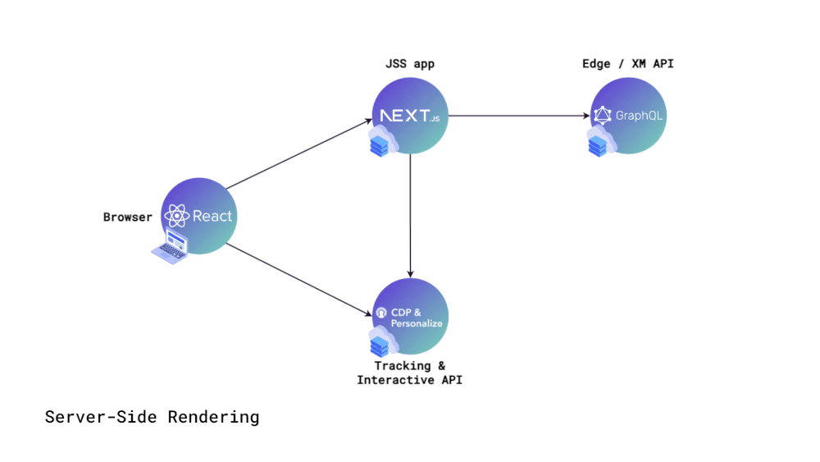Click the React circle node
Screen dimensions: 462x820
tap(199, 216)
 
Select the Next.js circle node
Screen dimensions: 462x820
tap(410, 115)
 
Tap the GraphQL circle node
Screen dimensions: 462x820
tap(628, 115)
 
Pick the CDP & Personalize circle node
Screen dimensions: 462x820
tap(410, 316)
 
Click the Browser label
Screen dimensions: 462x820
tap(127, 217)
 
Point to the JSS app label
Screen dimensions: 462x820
tap(410, 64)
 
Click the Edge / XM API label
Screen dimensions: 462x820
tap(628, 64)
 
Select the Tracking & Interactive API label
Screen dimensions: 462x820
tap(410, 373)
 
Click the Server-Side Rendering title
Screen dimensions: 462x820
tap(152, 417)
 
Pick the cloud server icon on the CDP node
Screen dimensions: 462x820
tap(381, 344)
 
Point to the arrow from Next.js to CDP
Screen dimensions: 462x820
tap(410, 215)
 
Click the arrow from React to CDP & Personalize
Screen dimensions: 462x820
tap(298, 279)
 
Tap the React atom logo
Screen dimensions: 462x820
tap(177, 217)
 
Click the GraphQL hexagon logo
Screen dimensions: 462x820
tap(604, 116)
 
